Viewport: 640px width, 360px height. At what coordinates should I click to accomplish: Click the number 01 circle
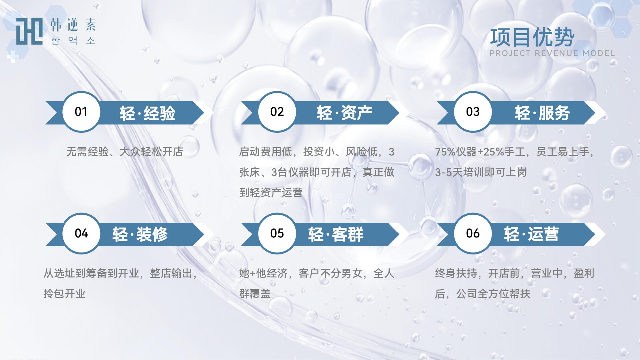point(81,112)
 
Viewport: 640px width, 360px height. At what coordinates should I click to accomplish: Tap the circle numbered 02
point(277,112)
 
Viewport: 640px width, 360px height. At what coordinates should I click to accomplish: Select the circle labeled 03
point(473,112)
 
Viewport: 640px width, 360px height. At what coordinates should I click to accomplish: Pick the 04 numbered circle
point(81,234)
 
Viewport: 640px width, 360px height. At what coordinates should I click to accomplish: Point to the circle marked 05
point(277,234)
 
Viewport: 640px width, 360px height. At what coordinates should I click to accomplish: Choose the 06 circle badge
point(473,234)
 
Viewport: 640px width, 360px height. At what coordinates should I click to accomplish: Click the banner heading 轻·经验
point(148,113)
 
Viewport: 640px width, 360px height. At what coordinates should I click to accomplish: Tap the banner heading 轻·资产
point(345,113)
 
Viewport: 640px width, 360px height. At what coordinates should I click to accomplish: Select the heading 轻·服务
point(542,113)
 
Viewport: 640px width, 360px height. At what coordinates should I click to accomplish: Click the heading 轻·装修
point(140,234)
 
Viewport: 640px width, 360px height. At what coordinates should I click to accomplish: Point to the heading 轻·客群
point(336,234)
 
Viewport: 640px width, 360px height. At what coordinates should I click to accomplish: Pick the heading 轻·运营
point(532,234)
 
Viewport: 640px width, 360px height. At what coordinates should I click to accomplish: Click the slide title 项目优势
point(532,37)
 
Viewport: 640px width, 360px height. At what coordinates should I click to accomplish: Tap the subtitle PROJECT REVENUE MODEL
point(552,53)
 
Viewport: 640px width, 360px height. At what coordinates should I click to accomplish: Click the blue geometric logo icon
point(29,31)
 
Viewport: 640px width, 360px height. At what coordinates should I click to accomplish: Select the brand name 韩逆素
point(73,25)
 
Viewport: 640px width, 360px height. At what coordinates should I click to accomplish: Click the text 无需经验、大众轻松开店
point(125,152)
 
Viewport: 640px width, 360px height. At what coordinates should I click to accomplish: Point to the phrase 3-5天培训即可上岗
point(481,172)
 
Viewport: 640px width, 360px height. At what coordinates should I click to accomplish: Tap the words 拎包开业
point(65,293)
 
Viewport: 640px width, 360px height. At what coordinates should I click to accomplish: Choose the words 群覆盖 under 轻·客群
point(255,293)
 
